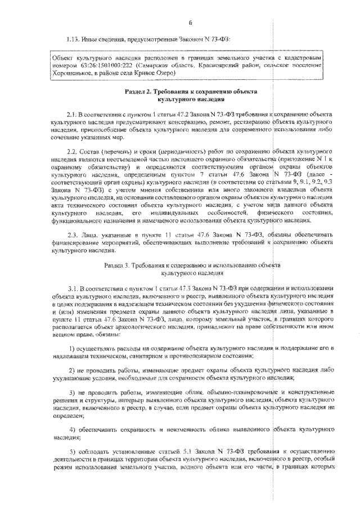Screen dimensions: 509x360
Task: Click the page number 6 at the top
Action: (x=190, y=22)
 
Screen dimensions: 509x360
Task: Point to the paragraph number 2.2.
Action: (x=74, y=152)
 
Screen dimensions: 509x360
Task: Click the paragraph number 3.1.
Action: (x=74, y=287)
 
